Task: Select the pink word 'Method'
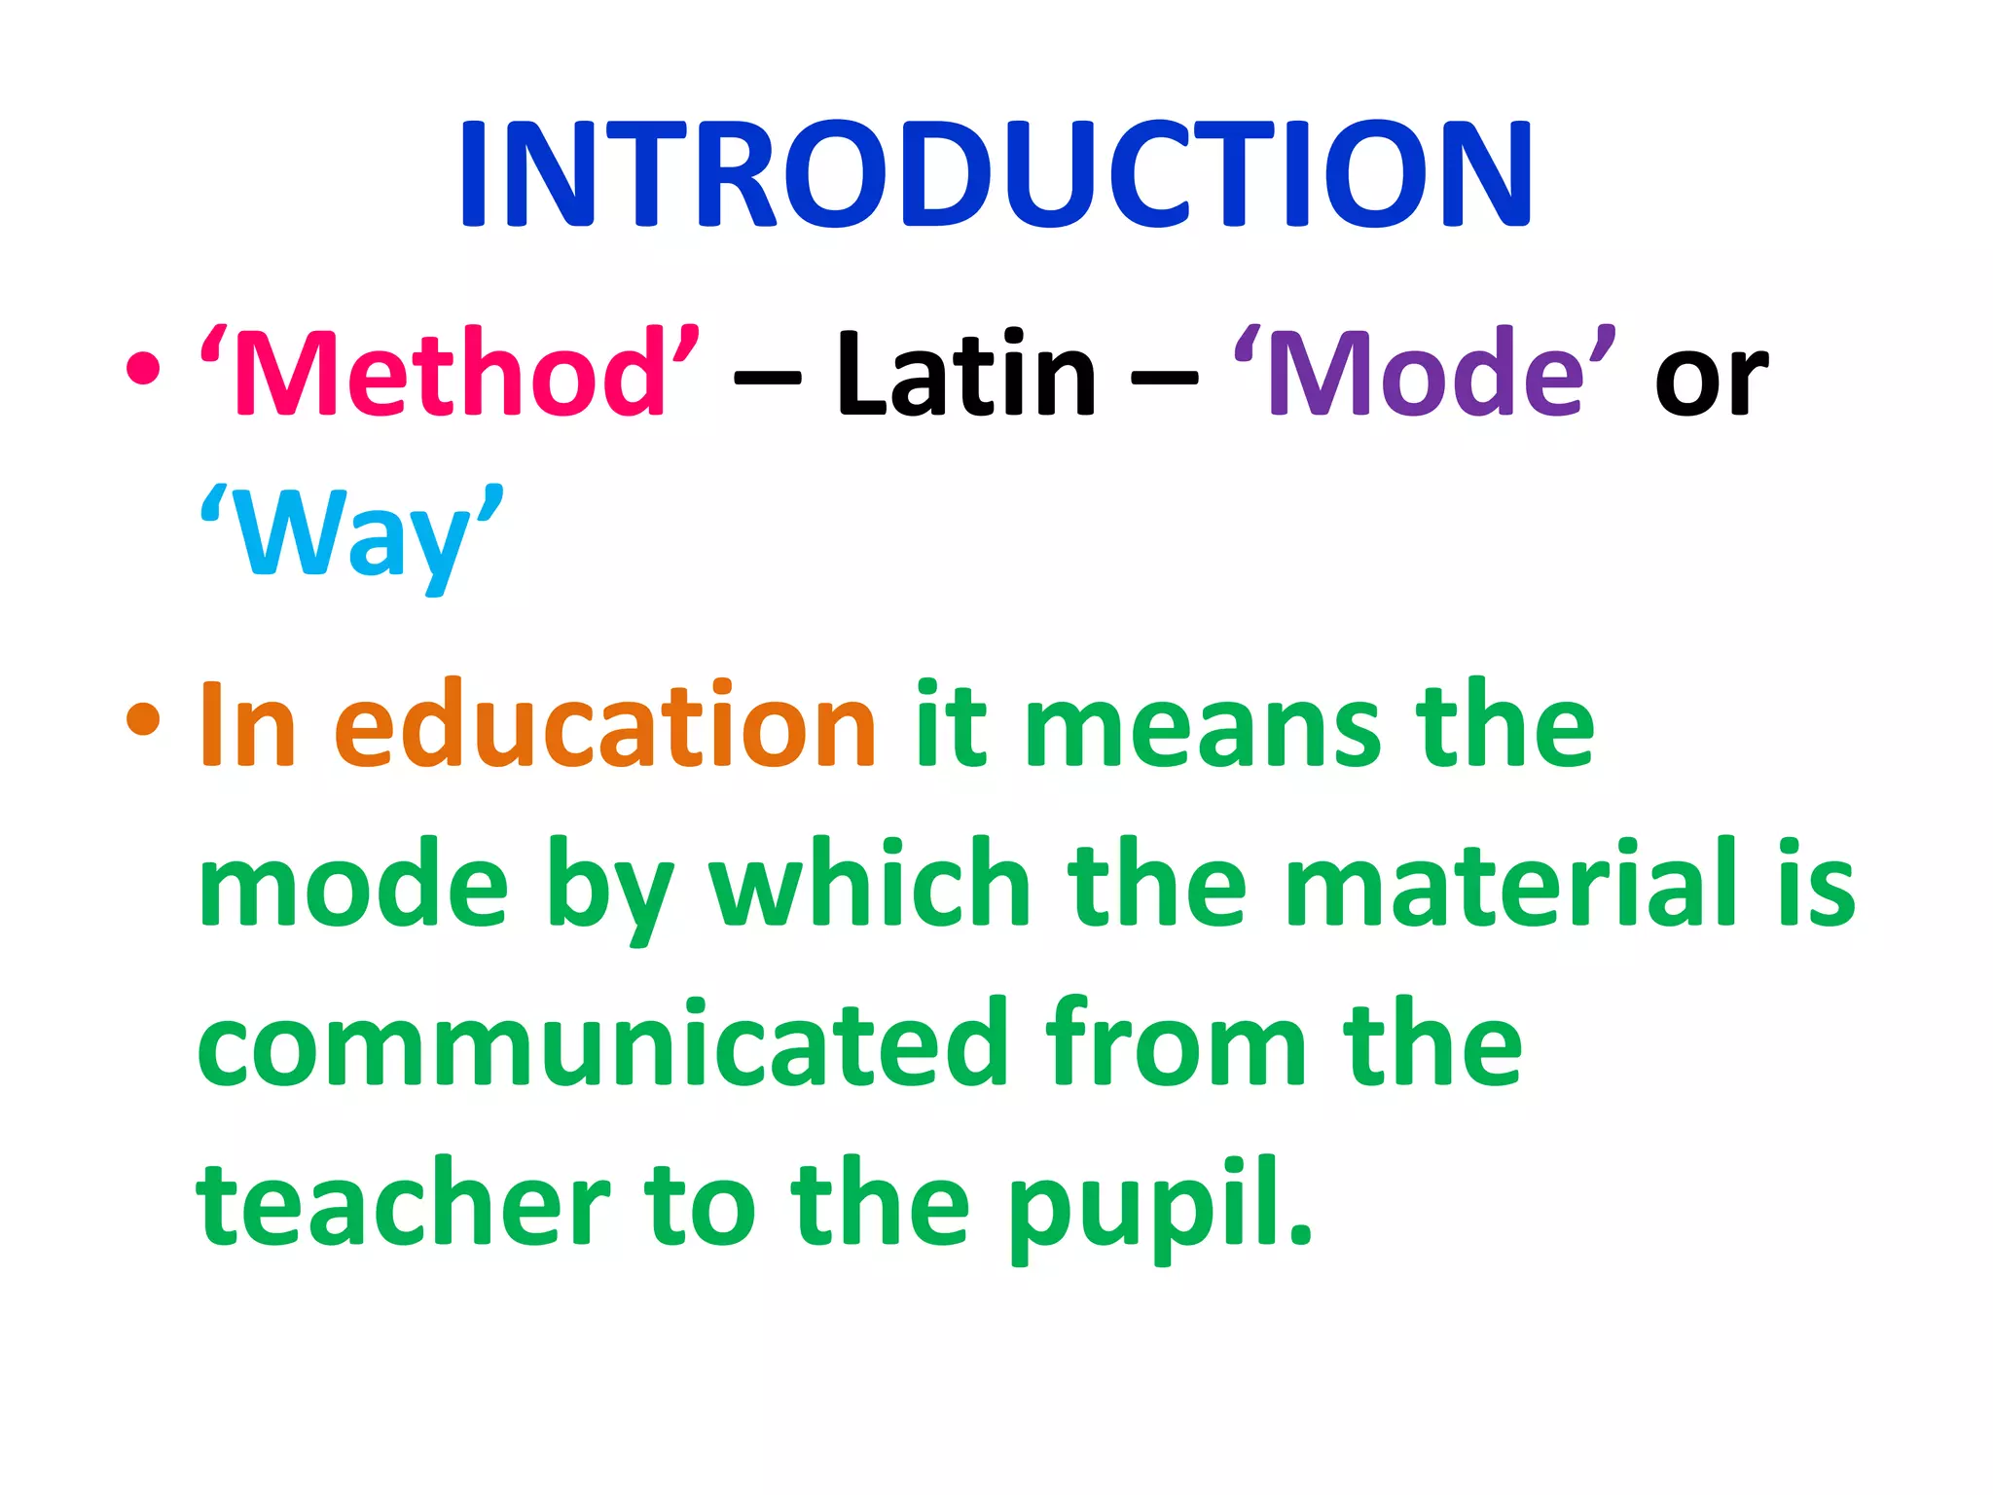[450, 373]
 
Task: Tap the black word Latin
[965, 373]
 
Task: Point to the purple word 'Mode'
[1425, 373]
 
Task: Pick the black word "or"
[1711, 380]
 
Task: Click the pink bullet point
[143, 369]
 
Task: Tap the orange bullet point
[143, 719]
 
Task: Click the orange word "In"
[247, 725]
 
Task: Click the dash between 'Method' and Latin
[767, 378]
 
